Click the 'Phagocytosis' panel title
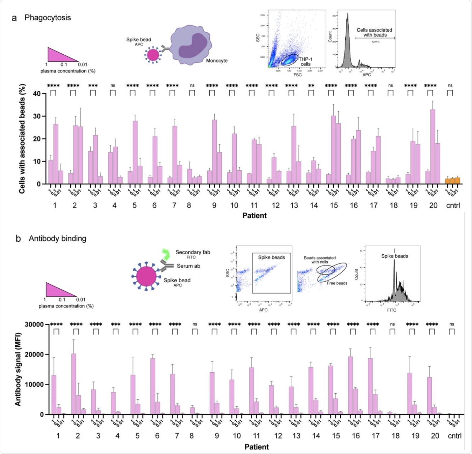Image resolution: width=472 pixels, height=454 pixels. [x=48, y=18]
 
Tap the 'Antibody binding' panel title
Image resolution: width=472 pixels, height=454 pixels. [x=57, y=238]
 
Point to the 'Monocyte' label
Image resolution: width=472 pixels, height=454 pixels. [x=217, y=61]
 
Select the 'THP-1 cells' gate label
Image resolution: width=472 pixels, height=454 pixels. [x=305, y=62]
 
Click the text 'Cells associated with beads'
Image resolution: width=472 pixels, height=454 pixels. [x=374, y=32]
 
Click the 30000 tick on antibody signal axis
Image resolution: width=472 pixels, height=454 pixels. [x=34, y=324]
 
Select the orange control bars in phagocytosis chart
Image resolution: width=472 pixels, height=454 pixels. [x=452, y=181]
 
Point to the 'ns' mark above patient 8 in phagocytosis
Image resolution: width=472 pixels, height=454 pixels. [x=192, y=86]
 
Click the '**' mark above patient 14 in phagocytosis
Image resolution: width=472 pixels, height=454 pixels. [x=311, y=86]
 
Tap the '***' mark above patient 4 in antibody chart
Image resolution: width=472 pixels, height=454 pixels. [x=116, y=324]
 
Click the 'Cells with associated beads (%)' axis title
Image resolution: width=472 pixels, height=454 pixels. [x=22, y=139]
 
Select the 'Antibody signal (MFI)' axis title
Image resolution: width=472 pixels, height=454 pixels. [x=18, y=369]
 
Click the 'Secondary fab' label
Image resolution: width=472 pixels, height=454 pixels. [x=193, y=252]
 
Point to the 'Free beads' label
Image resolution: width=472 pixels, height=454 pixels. [x=337, y=283]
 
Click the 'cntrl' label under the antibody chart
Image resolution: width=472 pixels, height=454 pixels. [x=454, y=436]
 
